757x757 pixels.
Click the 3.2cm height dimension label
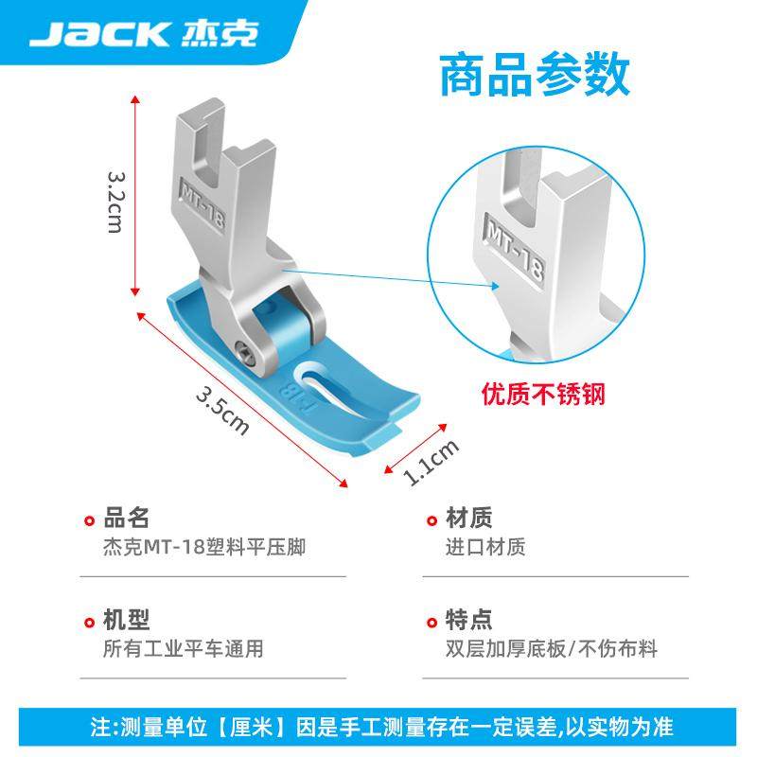(116, 202)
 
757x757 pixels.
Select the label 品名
(126, 518)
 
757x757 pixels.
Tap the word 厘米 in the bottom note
(255, 728)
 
